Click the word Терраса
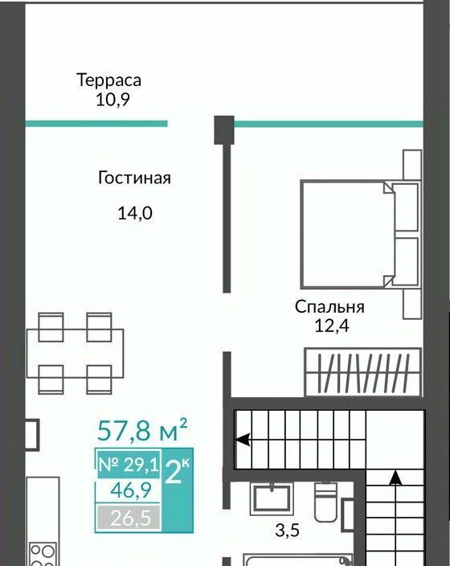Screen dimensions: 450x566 point(108,80)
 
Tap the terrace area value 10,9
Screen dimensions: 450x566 point(112,99)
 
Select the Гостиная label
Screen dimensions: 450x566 point(134,178)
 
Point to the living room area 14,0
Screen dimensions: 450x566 point(135,213)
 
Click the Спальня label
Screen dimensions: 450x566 point(329,307)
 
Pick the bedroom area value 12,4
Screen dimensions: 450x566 point(332,326)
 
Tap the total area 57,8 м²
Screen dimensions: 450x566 point(142,429)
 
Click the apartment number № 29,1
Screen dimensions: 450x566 point(129,465)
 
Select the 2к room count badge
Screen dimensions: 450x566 point(177,471)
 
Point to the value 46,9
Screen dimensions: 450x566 point(131,490)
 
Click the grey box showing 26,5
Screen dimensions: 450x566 point(129,518)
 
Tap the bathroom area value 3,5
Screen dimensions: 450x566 point(287,531)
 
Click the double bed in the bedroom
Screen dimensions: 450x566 point(360,234)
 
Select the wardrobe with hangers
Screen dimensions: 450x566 point(363,372)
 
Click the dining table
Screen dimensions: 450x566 point(75,354)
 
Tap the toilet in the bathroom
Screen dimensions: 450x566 point(326,502)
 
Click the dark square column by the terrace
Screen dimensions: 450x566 point(224,130)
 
